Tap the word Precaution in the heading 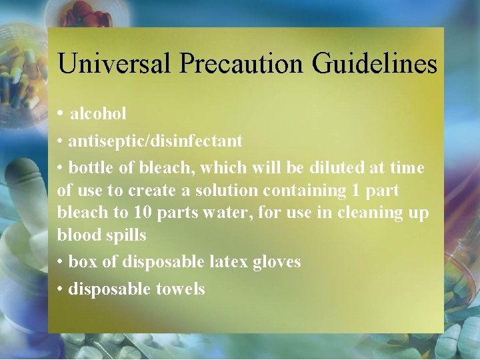point(234,64)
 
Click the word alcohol point(98,114)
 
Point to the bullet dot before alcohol point(61,114)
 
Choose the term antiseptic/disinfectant point(155,141)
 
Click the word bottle point(92,167)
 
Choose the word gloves point(276,262)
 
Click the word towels point(181,289)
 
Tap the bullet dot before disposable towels point(60,289)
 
